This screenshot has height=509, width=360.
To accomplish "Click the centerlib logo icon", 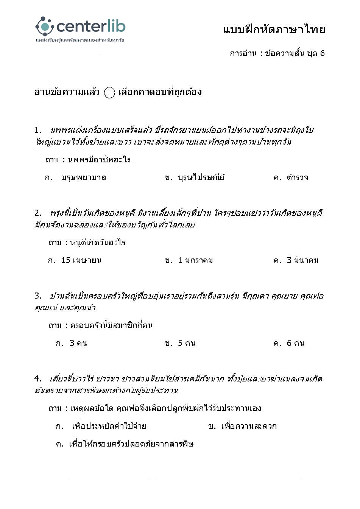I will point(45,26).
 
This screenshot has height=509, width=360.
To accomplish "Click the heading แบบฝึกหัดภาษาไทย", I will point(274,30).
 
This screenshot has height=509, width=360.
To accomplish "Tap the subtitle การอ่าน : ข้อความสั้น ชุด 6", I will point(277,53).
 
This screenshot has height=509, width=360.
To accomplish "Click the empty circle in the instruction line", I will point(109,93).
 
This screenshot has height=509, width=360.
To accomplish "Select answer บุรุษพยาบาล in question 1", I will point(83,177).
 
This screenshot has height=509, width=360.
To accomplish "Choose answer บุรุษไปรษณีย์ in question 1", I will point(201,177).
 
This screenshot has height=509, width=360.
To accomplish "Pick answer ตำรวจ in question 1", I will point(297,177).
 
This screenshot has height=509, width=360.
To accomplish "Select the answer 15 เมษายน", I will point(81,260).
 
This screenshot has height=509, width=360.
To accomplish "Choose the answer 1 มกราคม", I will point(195,260).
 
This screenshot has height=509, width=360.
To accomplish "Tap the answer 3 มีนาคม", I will point(302,260).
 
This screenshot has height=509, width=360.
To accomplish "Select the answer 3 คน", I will point(78,343).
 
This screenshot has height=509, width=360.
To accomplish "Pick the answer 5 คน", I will point(186,343).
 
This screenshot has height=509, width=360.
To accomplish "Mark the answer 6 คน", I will point(295,343).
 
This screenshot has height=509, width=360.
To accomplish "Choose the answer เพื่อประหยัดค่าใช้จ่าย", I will point(109,426).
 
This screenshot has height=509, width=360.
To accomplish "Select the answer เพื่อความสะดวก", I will point(249,426).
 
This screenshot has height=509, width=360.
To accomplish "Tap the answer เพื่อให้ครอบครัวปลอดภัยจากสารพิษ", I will point(131,444).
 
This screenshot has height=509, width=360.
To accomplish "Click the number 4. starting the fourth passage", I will point(38,379).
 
